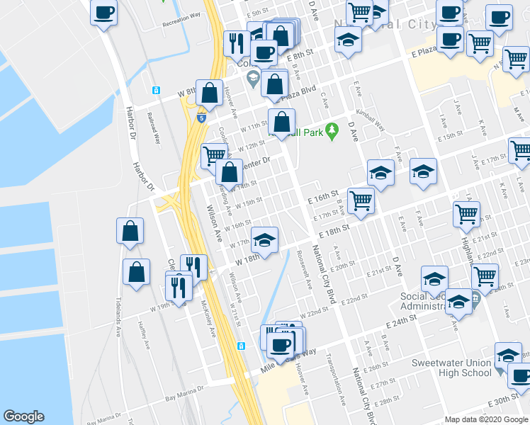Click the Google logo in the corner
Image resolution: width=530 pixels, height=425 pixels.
(x=24, y=416)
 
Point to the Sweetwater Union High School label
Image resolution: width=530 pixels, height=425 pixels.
(x=452, y=368)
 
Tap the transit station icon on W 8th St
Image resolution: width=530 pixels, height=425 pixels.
(x=155, y=91)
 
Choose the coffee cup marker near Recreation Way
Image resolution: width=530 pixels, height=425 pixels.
(x=104, y=12)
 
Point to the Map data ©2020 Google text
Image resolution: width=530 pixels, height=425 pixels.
(x=485, y=419)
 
